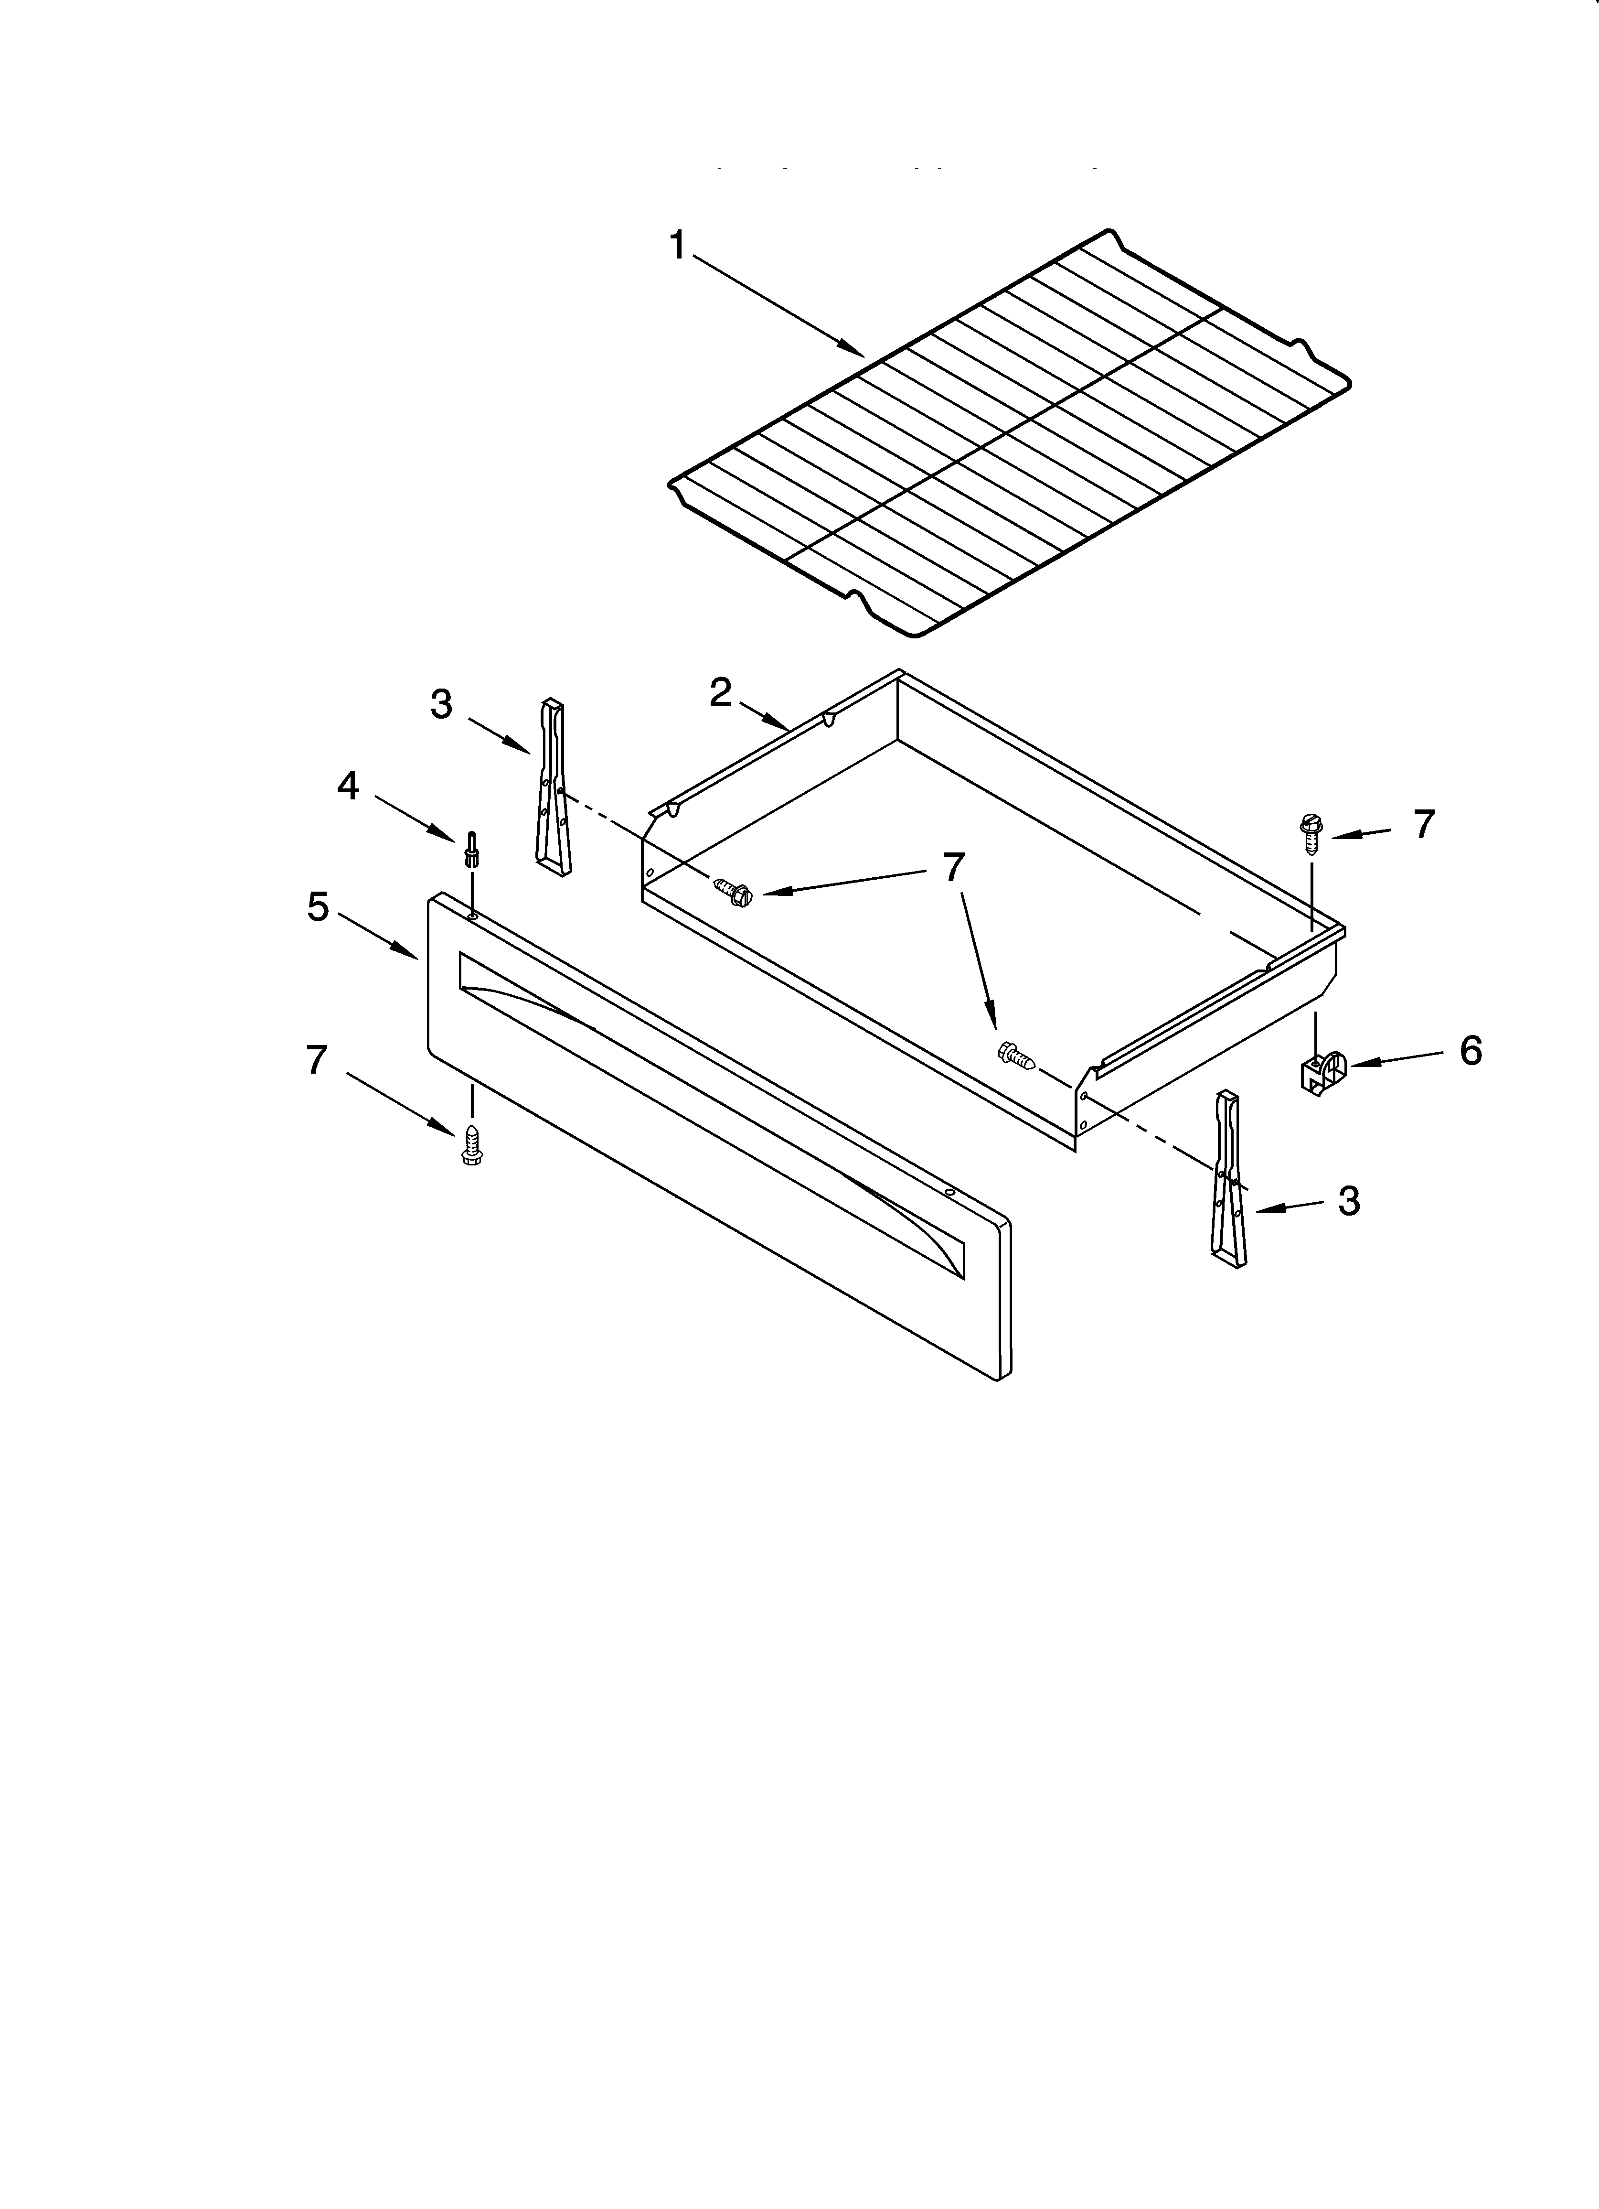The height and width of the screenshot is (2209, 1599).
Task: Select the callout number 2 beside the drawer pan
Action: click(721, 692)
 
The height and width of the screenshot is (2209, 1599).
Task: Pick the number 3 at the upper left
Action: click(441, 704)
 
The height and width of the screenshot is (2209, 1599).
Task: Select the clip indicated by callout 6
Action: click(1322, 1071)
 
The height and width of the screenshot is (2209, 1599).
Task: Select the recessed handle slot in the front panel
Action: click(711, 1113)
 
